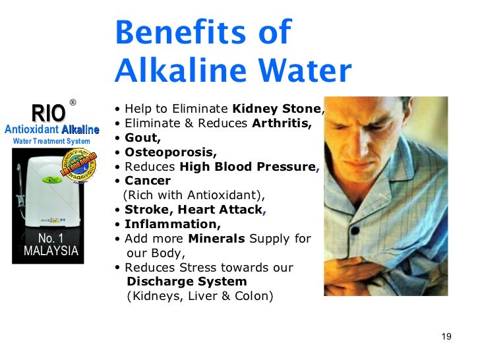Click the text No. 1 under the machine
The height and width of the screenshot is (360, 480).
(51, 238)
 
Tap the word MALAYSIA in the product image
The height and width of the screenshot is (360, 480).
(51, 251)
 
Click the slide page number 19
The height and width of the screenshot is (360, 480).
(446, 337)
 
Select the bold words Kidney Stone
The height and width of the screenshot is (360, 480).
(277, 109)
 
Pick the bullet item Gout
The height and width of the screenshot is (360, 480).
(142, 138)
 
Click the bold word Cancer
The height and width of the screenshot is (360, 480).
(148, 181)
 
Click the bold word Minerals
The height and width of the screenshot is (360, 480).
(214, 239)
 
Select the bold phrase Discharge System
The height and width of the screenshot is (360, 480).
(177, 282)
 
